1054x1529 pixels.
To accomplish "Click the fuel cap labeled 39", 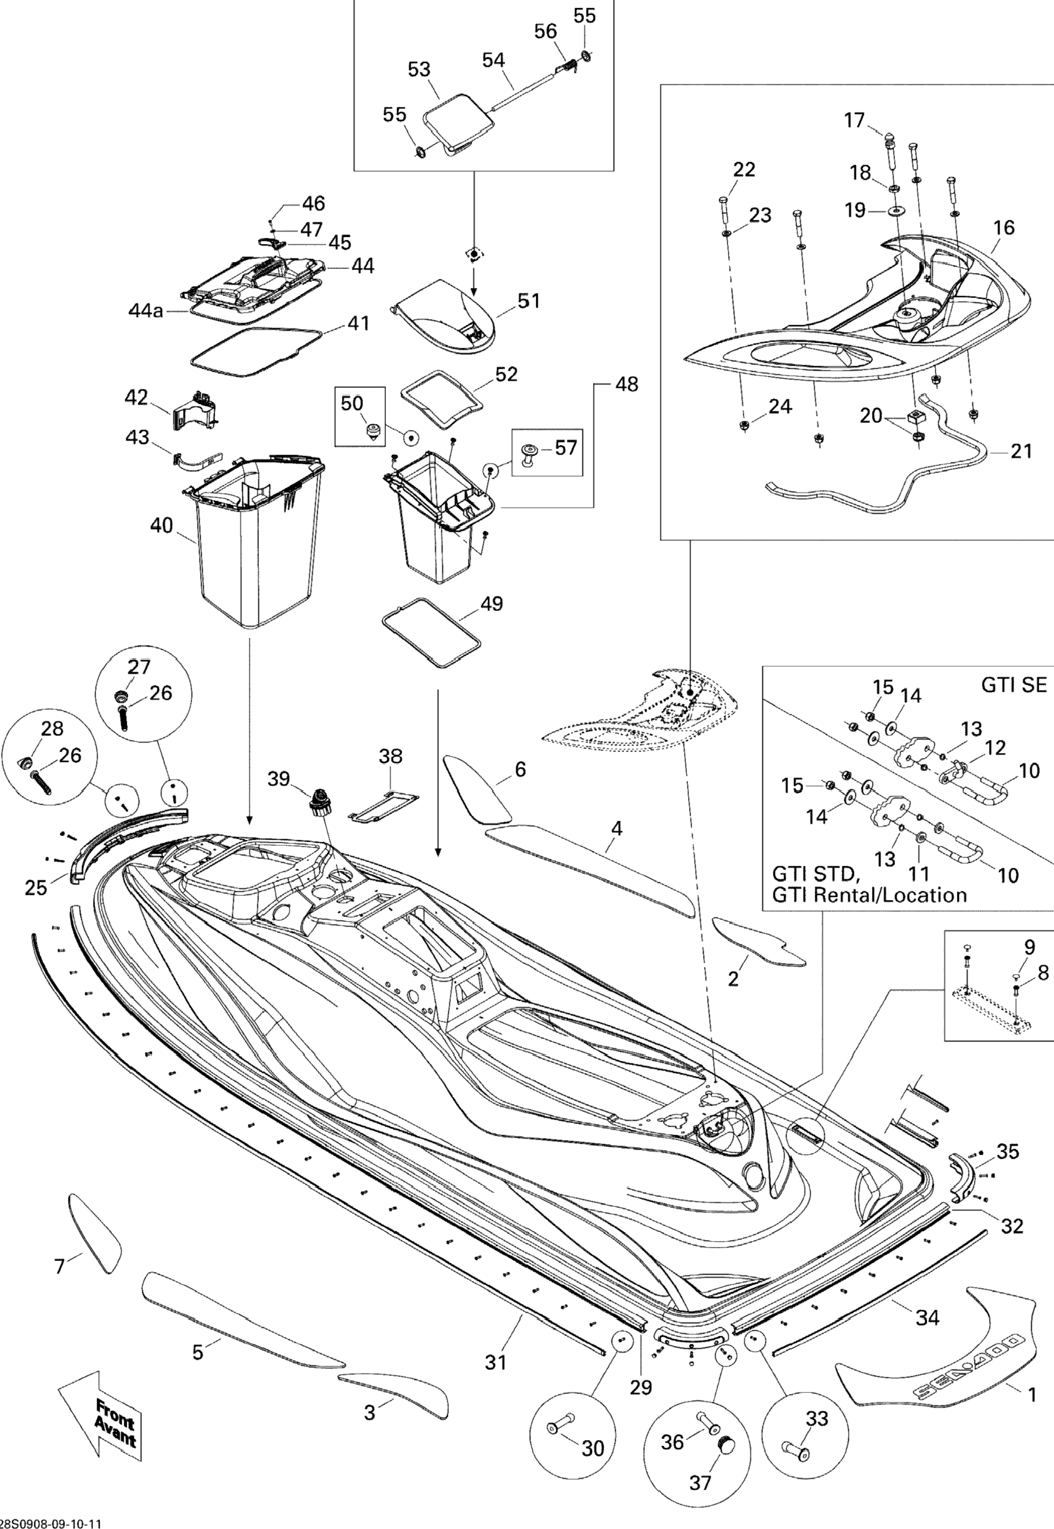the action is [x=319, y=800].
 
